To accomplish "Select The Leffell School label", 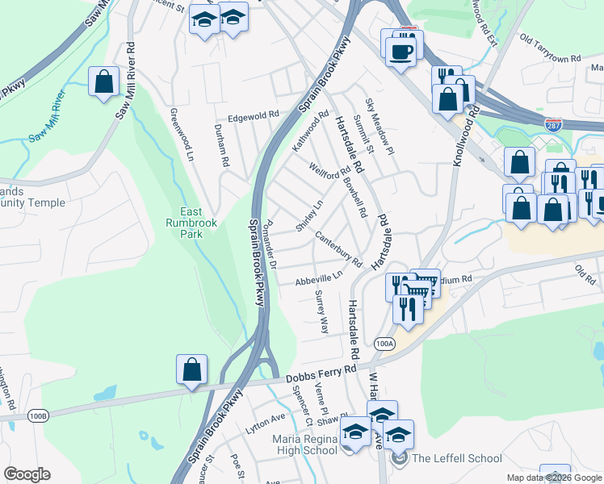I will point(456,458).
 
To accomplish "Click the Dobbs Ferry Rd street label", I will point(322,373).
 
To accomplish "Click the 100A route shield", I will point(385,344).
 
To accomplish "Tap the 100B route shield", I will point(38,415).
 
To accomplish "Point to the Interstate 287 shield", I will point(554,126).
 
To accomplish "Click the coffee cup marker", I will point(401,52).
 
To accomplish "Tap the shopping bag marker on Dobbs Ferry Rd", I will point(192,370).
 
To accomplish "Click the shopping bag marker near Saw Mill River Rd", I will point(103,81).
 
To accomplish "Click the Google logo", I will point(27,474).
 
